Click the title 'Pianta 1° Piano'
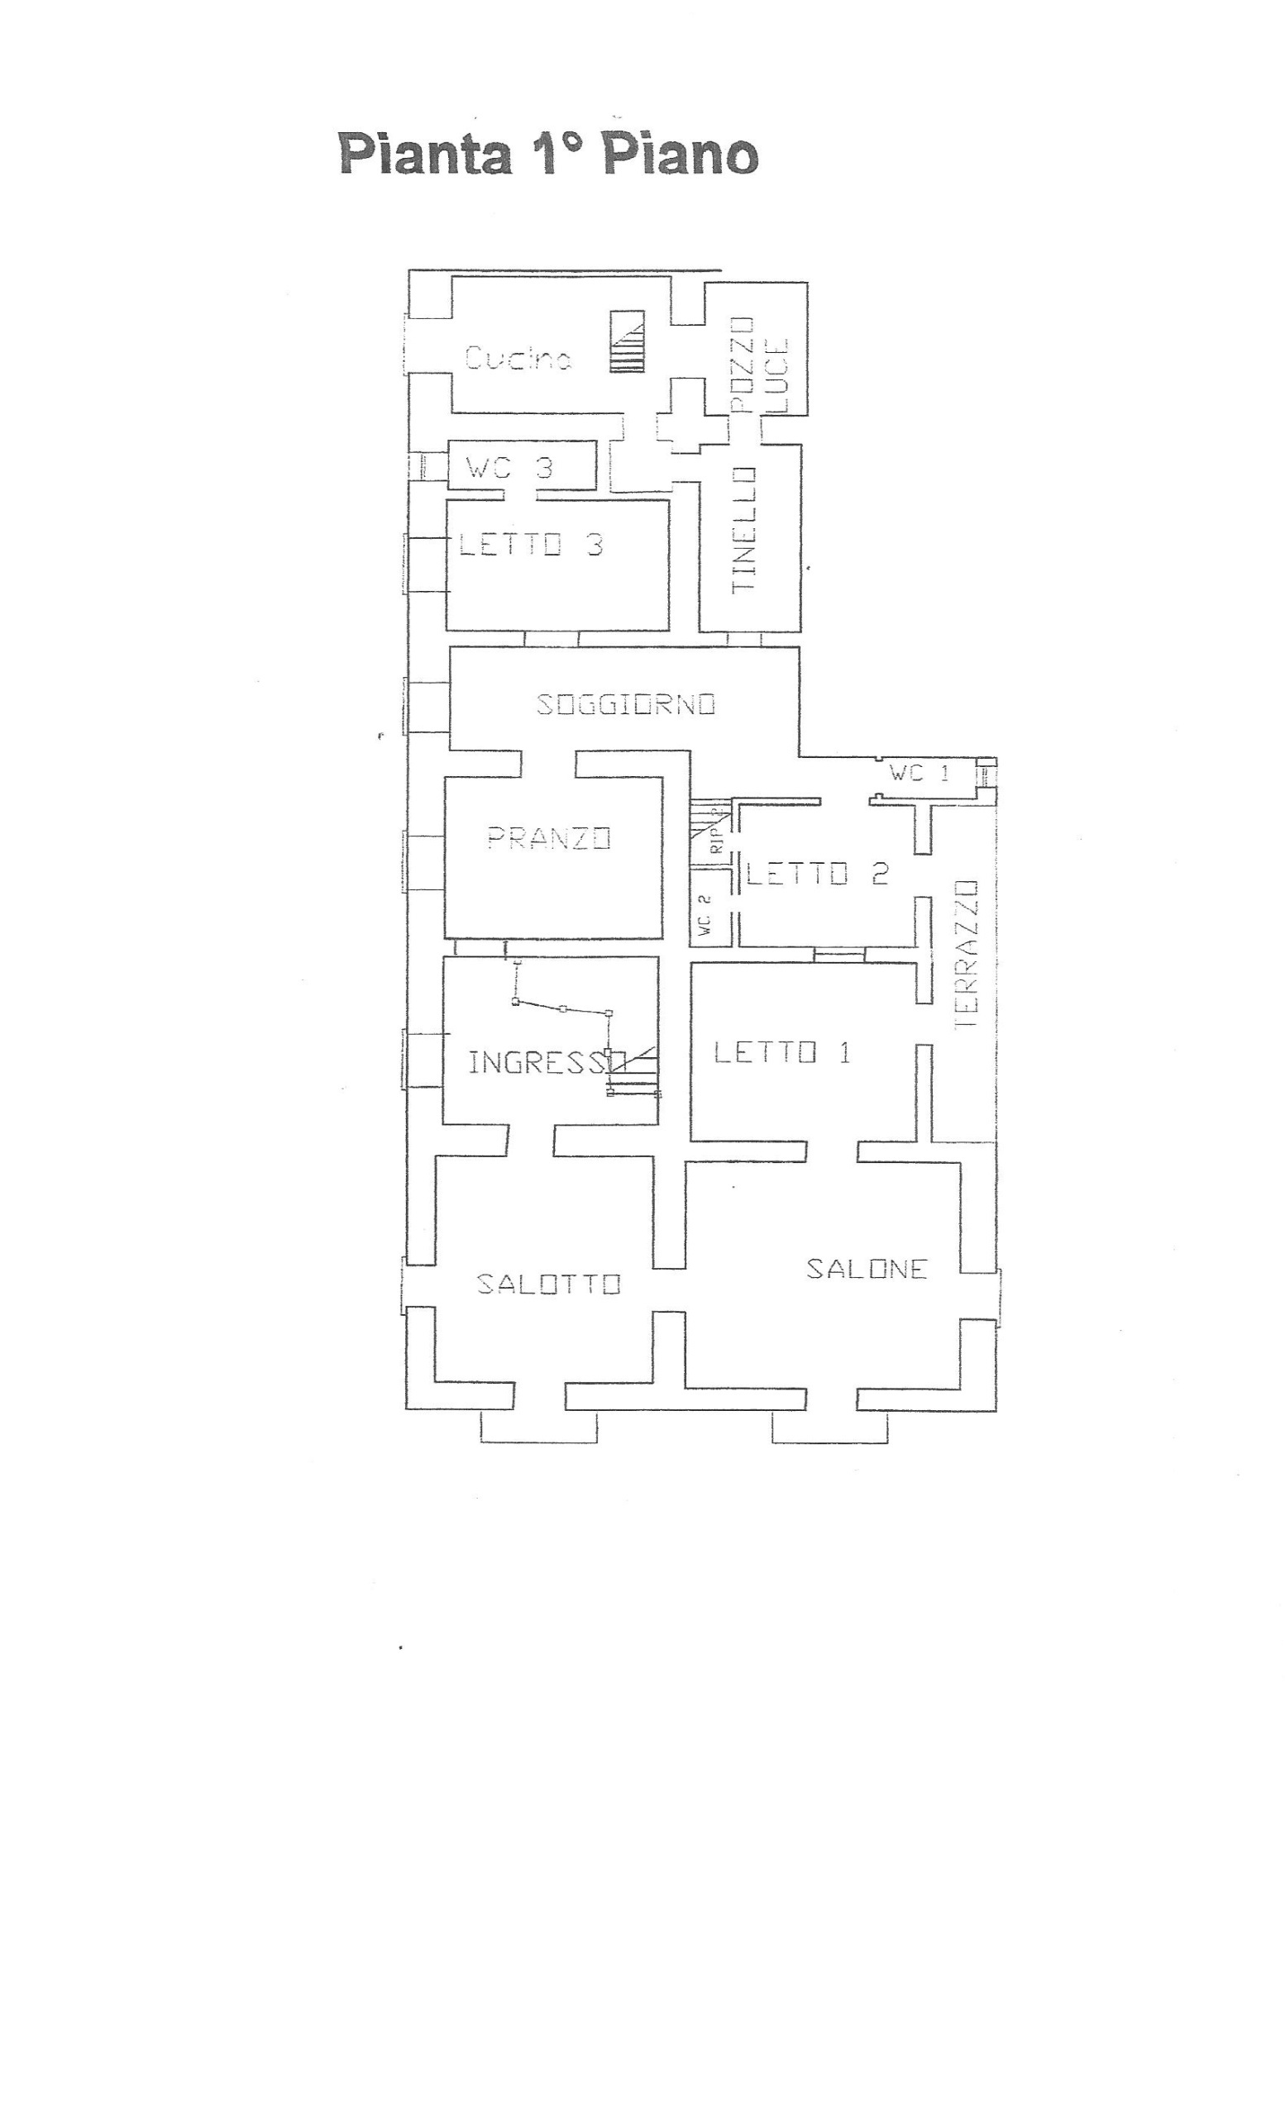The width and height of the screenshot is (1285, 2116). [x=549, y=154]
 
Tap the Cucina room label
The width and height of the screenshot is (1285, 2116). [x=518, y=357]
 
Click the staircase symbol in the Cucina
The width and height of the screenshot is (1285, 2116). [x=627, y=341]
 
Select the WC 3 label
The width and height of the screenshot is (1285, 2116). [x=509, y=468]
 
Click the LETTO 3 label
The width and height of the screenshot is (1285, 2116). [x=532, y=545]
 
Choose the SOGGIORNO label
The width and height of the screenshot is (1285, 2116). [x=625, y=704]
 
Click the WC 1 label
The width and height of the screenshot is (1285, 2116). [x=919, y=773]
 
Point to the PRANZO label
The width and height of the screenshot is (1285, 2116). [x=549, y=837]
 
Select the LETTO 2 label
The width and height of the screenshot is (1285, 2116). [x=817, y=875]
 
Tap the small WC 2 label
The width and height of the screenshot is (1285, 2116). [x=705, y=914]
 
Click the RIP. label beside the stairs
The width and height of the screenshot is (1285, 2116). [x=718, y=832]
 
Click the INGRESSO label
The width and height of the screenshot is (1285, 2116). [x=547, y=1063]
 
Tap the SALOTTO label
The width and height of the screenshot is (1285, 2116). [x=549, y=1284]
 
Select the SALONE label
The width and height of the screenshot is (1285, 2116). [x=867, y=1269]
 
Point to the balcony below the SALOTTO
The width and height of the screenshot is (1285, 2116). [x=538, y=1427]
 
